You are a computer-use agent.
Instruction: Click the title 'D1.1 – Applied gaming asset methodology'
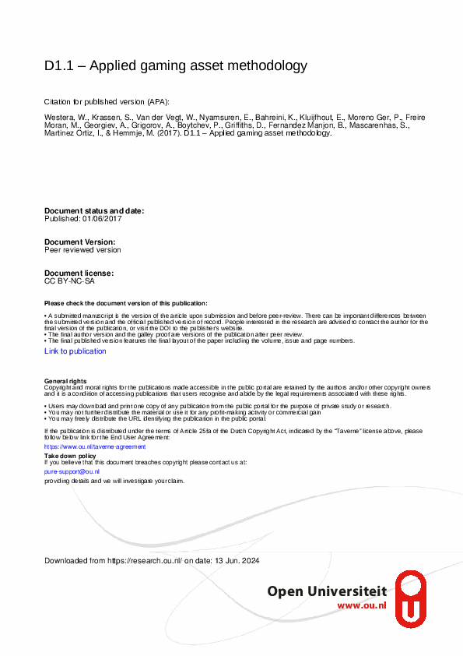pyautogui.click(x=176, y=65)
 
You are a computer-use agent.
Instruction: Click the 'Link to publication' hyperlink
pyautogui.click(x=75, y=351)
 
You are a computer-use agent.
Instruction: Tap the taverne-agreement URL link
pyautogui.click(x=84, y=447)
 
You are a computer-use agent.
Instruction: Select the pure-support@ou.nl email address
pyautogui.click(x=72, y=471)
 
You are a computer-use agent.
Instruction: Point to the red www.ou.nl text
pyautogui.click(x=361, y=605)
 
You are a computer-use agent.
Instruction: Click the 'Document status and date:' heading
pyautogui.click(x=94, y=211)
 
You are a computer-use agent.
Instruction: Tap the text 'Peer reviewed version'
pyautogui.click(x=82, y=250)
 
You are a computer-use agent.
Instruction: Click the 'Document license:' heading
pyautogui.click(x=79, y=273)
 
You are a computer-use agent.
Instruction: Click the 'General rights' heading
pyautogui.click(x=65, y=380)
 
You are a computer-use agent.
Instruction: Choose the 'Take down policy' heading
pyautogui.click(x=70, y=456)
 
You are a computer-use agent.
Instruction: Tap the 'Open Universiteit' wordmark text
pyautogui.click(x=327, y=591)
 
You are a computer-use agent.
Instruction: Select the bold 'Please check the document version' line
pyautogui.click(x=126, y=303)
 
